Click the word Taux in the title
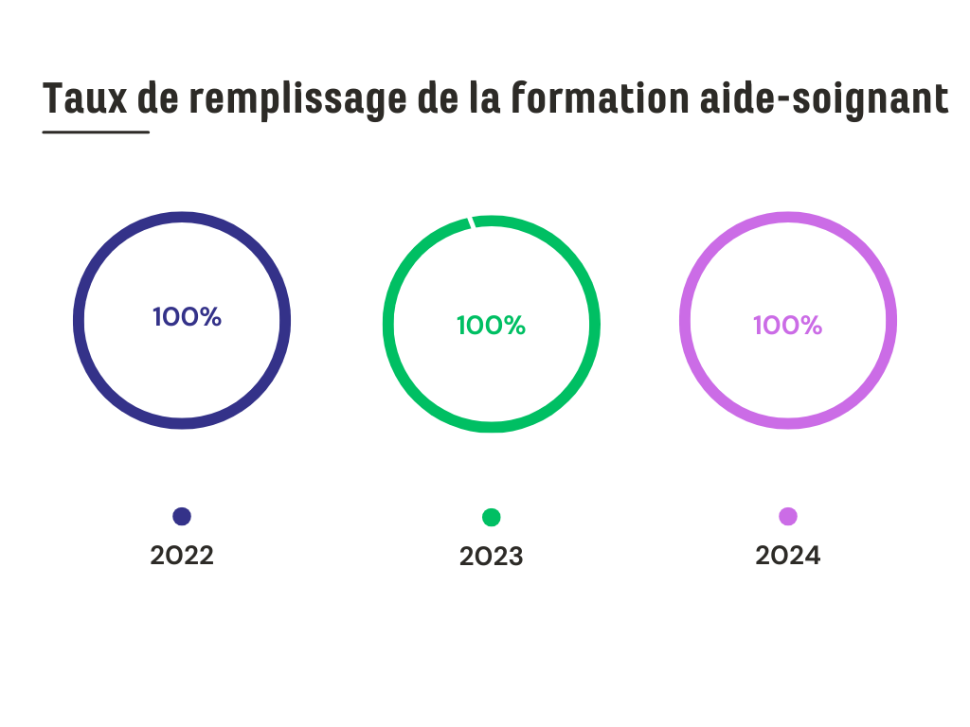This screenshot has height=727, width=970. [84, 98]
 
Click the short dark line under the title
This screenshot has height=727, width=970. [96, 132]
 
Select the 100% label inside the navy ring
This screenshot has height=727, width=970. [187, 317]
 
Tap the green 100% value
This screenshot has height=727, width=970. [491, 326]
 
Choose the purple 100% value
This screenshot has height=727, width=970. [787, 326]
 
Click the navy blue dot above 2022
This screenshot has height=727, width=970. [182, 516]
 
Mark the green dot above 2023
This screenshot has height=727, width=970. [491, 517]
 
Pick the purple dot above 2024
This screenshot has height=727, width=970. [788, 516]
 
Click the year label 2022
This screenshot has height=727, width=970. [182, 556]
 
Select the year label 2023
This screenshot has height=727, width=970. [491, 557]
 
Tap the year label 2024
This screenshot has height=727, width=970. [788, 556]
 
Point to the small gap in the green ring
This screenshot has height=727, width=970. [471, 222]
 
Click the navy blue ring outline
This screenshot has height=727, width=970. [80, 320]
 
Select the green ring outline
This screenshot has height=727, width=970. [388, 325]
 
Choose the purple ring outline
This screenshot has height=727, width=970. [686, 320]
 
